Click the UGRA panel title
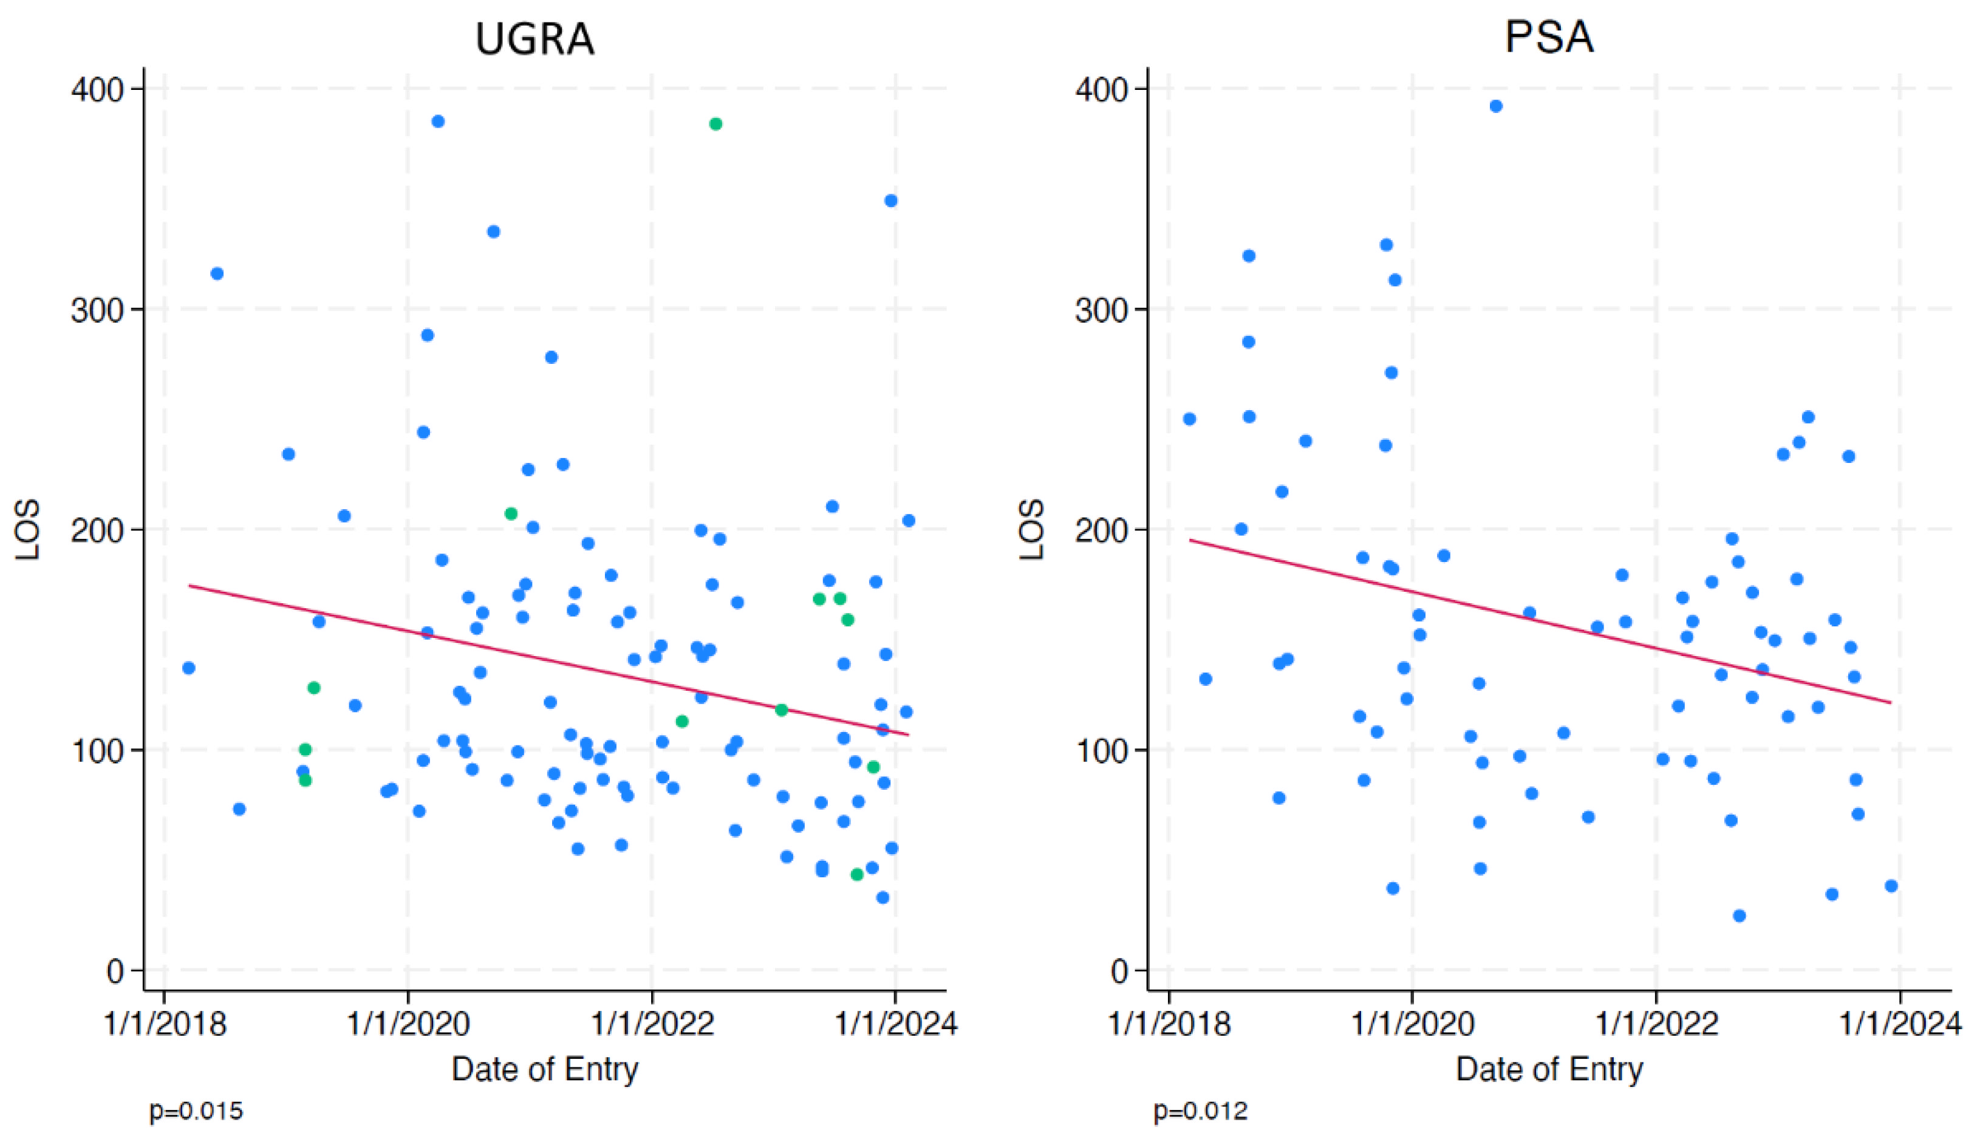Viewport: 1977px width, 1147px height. click(x=534, y=38)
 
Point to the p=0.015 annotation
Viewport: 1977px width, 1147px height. click(x=196, y=1112)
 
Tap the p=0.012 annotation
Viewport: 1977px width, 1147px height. click(x=1200, y=1112)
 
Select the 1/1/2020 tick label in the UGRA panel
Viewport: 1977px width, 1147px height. click(x=408, y=1024)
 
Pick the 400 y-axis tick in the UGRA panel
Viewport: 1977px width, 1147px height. click(x=97, y=89)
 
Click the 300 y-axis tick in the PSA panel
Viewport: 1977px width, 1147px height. click(x=1102, y=310)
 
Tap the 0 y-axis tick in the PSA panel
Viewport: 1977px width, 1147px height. click(x=1119, y=972)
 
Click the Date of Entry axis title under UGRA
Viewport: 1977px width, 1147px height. click(x=545, y=1069)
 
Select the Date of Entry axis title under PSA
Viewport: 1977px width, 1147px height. click(x=1549, y=1069)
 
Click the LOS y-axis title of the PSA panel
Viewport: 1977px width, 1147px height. click(x=1032, y=530)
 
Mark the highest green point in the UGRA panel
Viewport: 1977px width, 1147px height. click(x=715, y=124)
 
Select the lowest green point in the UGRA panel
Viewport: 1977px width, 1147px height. click(x=856, y=875)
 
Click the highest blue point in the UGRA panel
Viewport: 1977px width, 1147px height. click(x=438, y=122)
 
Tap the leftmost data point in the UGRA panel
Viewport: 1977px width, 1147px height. click(x=188, y=668)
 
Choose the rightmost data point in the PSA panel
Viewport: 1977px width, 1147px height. click(x=1891, y=886)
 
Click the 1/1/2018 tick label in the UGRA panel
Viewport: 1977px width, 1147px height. click(x=165, y=1024)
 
